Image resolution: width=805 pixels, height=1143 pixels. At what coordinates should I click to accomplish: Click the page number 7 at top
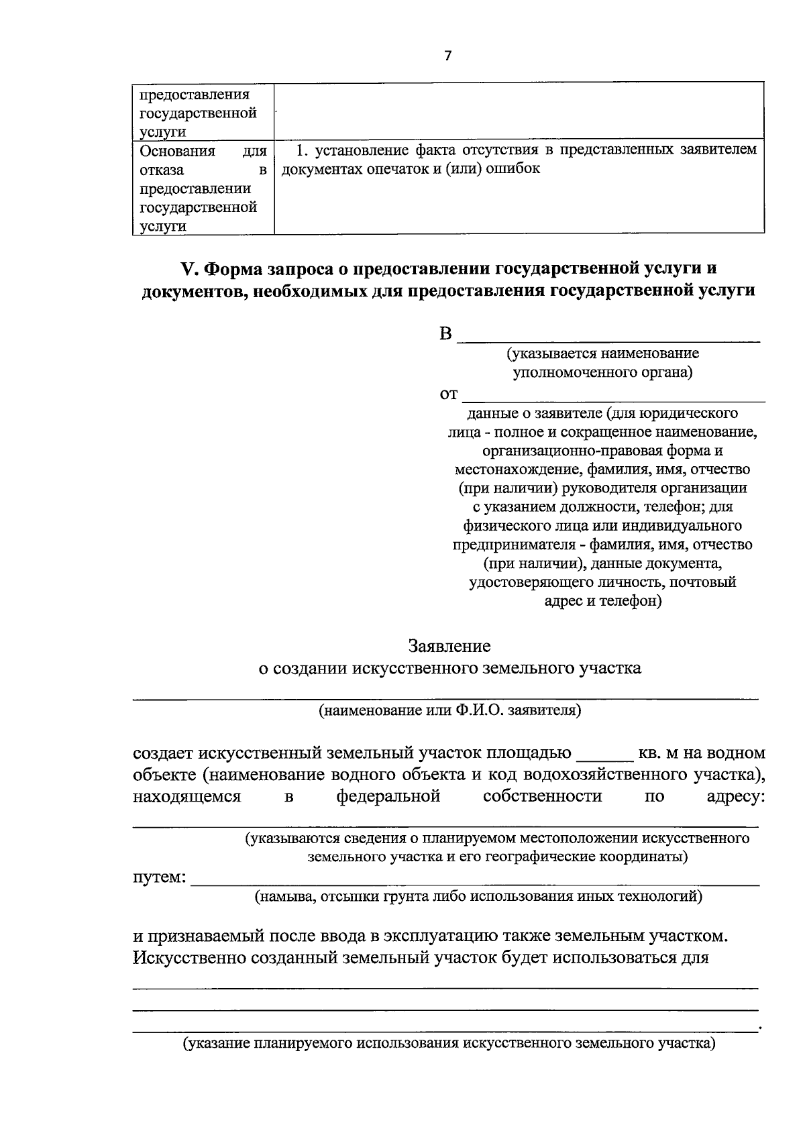[x=448, y=56]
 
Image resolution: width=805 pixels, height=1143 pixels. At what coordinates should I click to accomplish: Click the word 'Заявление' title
[x=449, y=647]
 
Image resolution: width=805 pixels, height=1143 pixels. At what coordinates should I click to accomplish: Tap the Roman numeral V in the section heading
[x=187, y=269]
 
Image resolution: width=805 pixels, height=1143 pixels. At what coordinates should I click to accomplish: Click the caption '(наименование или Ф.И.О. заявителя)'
[x=449, y=710]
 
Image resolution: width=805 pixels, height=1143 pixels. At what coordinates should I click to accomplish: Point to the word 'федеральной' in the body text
[x=388, y=797]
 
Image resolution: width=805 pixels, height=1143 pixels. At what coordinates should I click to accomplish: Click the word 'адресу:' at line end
[x=736, y=797]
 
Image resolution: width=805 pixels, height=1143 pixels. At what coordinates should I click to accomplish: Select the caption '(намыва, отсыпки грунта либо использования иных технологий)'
[x=478, y=896]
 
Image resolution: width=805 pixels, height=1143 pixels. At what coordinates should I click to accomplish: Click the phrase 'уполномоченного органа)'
[x=602, y=372]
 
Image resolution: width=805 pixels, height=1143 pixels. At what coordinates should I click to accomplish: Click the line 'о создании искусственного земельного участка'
[x=449, y=668]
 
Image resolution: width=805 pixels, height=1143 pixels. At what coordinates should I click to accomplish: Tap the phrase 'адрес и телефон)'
[x=602, y=601]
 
